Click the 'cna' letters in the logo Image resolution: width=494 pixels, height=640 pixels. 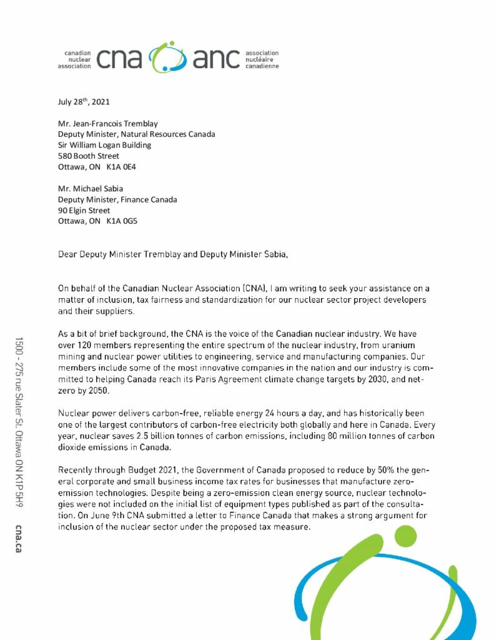(x=119, y=59)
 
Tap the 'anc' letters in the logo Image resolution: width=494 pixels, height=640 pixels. (x=216, y=59)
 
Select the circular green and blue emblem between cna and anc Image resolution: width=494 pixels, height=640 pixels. (x=167, y=57)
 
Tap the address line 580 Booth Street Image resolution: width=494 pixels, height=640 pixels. (x=89, y=156)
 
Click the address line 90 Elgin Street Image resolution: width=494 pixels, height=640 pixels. (x=84, y=211)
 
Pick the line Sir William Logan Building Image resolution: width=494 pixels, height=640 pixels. (x=104, y=145)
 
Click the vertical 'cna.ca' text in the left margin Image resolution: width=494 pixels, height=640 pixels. (x=19, y=536)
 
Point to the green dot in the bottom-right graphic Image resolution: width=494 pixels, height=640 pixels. (x=407, y=537)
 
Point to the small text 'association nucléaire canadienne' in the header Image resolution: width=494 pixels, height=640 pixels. (x=262, y=59)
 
